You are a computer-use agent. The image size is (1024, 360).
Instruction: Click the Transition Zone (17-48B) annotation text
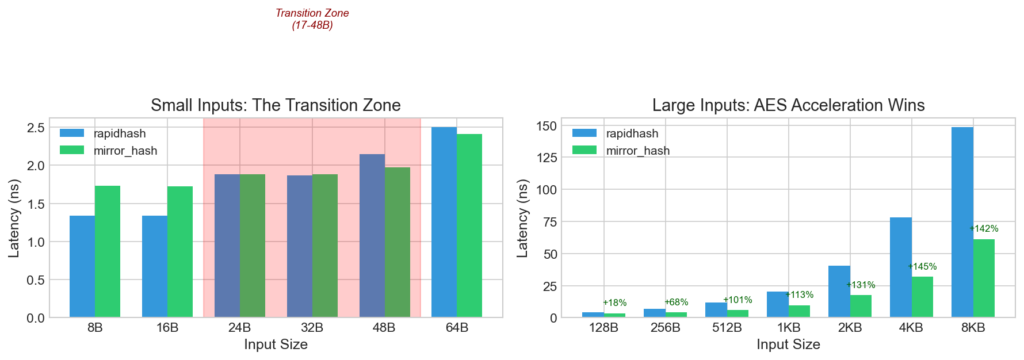click(x=312, y=19)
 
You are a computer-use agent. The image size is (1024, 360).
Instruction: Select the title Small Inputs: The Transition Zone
click(x=276, y=105)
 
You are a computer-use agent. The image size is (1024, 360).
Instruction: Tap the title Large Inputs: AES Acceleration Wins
click(x=788, y=105)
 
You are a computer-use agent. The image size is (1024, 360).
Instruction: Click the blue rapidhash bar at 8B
click(x=82, y=266)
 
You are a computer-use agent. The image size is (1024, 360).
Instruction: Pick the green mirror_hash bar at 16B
click(x=180, y=251)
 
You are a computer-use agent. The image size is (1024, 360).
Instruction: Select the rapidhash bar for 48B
click(x=372, y=235)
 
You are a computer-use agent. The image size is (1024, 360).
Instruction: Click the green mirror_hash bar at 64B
click(x=469, y=225)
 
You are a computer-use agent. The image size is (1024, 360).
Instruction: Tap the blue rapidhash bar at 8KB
click(x=962, y=222)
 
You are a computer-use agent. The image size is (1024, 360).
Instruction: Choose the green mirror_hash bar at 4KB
click(x=922, y=297)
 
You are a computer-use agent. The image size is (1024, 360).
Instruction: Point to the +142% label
click(x=984, y=229)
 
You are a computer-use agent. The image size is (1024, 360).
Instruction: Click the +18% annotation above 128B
click(x=614, y=303)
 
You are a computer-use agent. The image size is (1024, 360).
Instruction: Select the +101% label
click(x=738, y=300)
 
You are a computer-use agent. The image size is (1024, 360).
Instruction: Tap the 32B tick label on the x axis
click(x=312, y=328)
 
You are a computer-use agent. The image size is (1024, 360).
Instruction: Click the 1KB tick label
click(x=788, y=328)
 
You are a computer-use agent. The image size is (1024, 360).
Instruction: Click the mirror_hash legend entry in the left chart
click(x=125, y=151)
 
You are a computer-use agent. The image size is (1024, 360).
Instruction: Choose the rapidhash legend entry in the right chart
click(x=632, y=133)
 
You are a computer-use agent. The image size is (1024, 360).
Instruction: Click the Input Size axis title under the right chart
click(x=788, y=344)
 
